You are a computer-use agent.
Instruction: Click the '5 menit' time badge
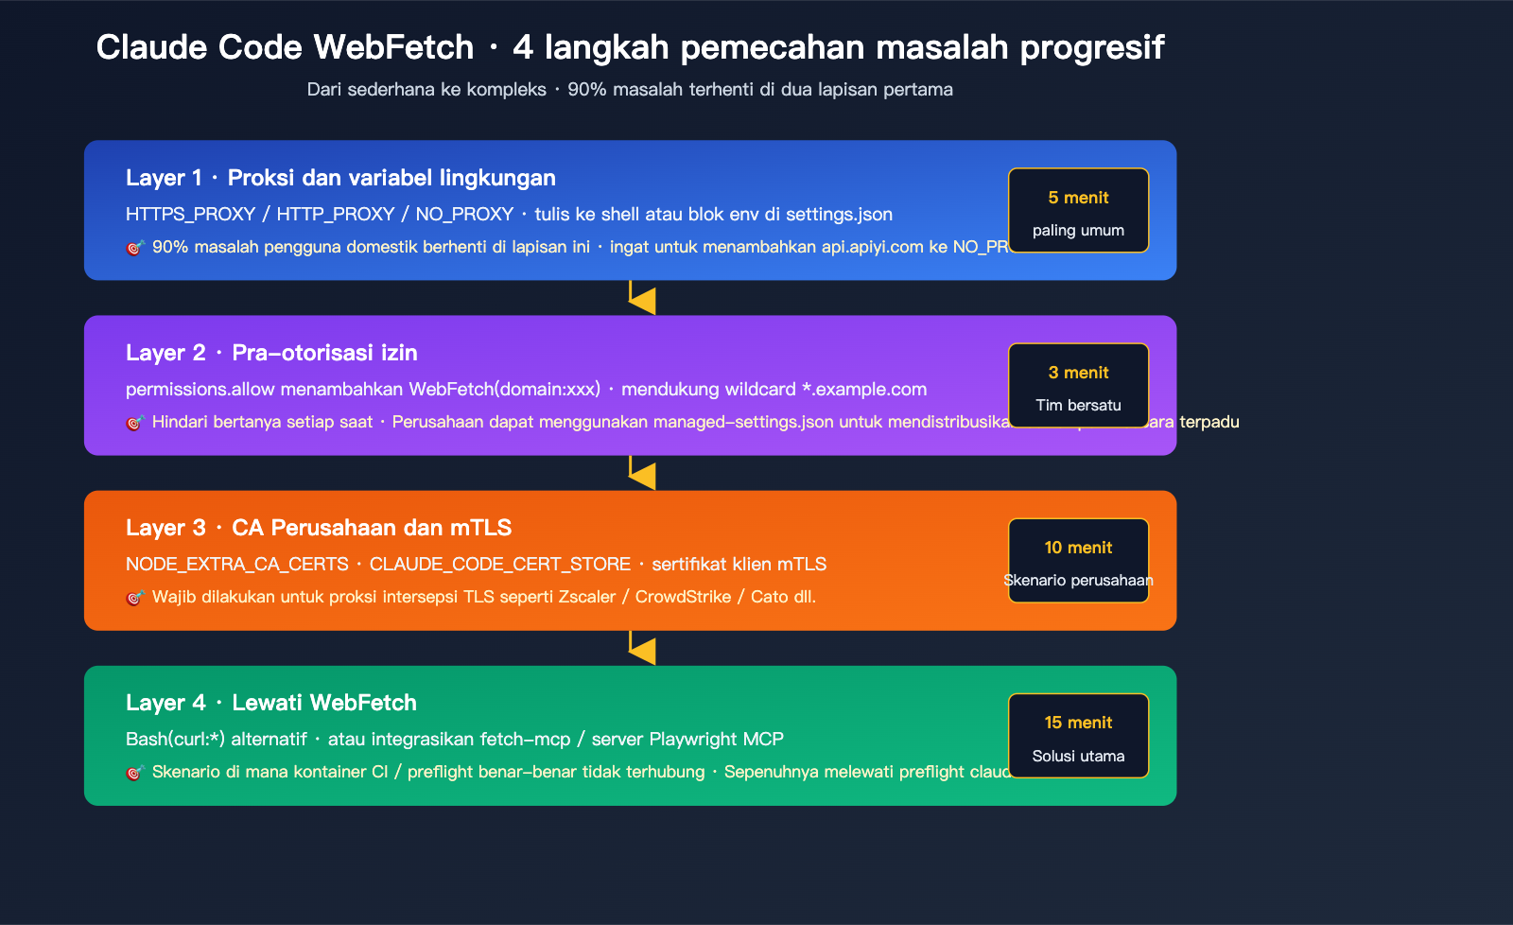(x=1078, y=210)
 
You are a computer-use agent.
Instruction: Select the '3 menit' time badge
(x=1078, y=385)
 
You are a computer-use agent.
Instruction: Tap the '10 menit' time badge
(x=1078, y=560)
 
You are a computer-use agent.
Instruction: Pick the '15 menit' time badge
(x=1078, y=736)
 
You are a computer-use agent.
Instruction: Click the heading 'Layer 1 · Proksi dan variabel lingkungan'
(x=340, y=178)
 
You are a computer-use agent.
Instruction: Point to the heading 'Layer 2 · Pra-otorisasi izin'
(x=271, y=353)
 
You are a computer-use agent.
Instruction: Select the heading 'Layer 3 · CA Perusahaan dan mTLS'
(x=319, y=528)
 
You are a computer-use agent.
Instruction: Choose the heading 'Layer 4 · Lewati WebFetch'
(x=271, y=703)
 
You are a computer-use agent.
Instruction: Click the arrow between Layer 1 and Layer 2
(x=641, y=299)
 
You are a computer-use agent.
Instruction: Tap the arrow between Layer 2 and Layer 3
(x=641, y=474)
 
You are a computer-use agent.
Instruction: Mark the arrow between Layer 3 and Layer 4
(x=641, y=649)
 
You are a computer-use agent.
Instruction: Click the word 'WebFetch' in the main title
(x=393, y=47)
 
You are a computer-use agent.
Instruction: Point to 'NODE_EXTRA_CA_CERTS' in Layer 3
(x=237, y=565)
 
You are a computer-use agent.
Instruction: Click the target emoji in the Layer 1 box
(x=134, y=248)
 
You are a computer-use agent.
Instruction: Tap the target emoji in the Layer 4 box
(x=134, y=773)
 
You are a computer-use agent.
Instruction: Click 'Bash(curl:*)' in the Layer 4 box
(x=176, y=740)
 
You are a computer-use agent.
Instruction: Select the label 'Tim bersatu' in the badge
(x=1078, y=405)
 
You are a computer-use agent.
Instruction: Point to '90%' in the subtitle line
(x=586, y=90)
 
